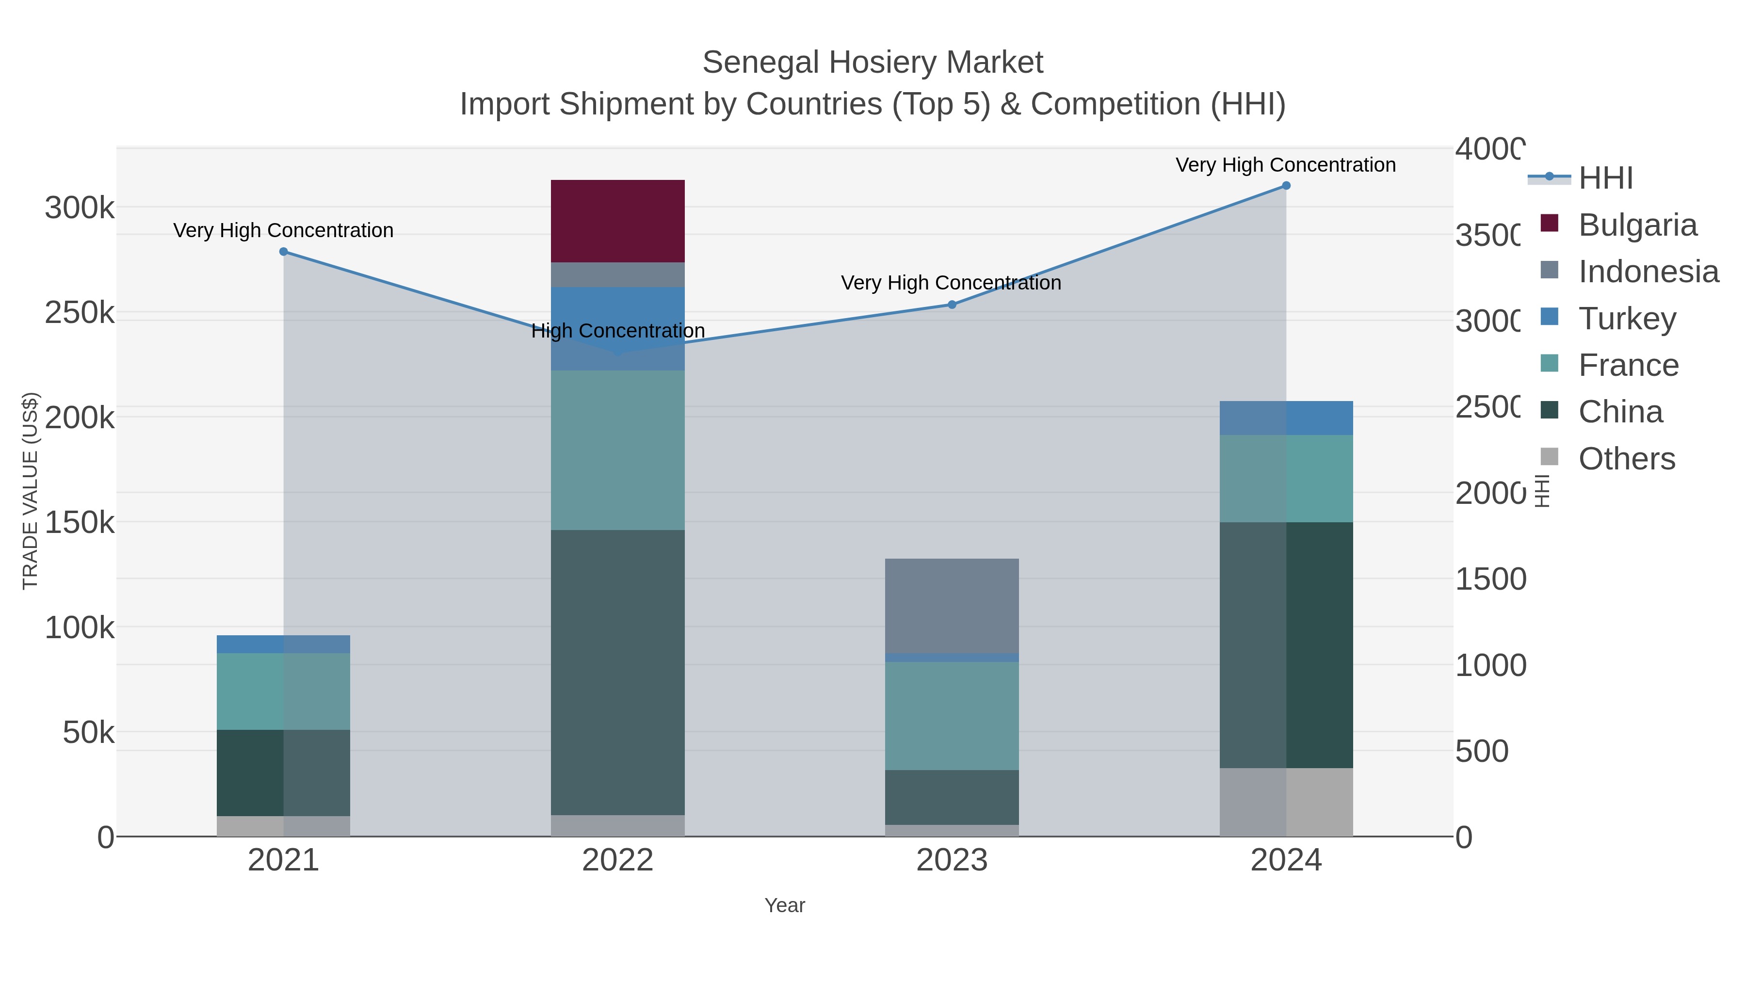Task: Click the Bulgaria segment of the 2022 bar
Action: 617,221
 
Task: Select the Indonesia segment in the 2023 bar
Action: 952,605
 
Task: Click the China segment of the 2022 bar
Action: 617,672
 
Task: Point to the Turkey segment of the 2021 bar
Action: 283,644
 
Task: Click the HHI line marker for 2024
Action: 1286,186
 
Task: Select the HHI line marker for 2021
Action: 283,251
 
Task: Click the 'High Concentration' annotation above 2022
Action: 617,331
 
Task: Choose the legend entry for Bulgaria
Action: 1637,225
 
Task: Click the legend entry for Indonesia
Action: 1648,272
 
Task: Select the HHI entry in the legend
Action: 1605,178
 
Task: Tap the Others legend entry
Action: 1626,459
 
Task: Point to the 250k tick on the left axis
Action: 80,313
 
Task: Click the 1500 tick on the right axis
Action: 1490,580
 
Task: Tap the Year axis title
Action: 784,905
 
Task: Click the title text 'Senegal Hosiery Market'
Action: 873,63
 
